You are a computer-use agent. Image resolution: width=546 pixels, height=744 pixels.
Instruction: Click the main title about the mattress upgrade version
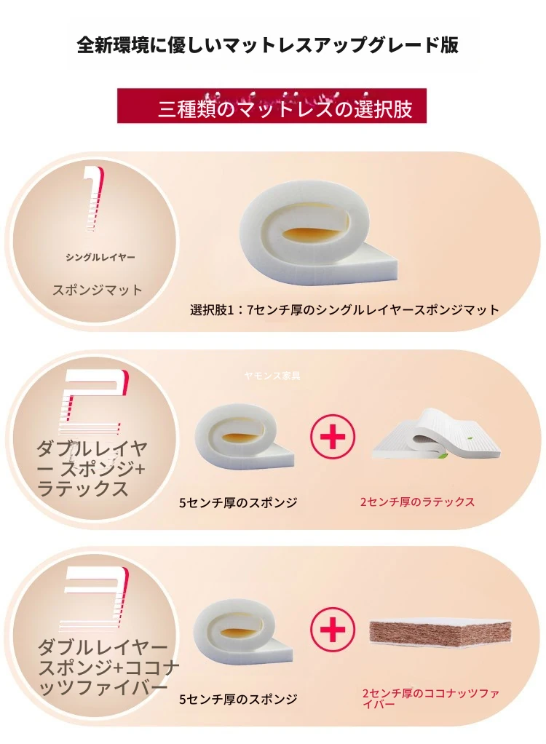tap(268, 46)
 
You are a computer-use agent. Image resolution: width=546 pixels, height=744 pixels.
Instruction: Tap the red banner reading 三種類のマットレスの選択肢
tap(272, 106)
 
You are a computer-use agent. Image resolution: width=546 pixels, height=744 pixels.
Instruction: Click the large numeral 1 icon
tap(94, 199)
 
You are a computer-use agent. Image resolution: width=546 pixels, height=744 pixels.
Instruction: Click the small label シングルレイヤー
tap(100, 258)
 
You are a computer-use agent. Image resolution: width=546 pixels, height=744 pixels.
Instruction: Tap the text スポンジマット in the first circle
tap(98, 290)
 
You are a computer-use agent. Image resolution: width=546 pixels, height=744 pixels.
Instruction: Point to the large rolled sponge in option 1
tap(318, 235)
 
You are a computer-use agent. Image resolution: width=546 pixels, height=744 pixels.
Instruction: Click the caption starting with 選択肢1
tap(344, 310)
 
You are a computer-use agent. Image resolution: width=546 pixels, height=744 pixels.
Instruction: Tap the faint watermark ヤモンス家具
tap(272, 376)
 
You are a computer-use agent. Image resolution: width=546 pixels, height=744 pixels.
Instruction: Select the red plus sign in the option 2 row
tap(333, 436)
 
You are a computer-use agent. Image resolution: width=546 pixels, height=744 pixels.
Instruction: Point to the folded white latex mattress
tap(436, 433)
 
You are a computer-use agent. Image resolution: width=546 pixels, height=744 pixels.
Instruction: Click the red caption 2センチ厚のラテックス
tap(417, 502)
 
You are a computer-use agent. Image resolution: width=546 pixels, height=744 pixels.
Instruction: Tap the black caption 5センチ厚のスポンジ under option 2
tap(238, 502)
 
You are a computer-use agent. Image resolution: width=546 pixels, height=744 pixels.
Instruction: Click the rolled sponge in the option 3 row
tap(243, 633)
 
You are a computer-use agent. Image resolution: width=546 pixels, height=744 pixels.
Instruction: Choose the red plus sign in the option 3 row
tap(333, 629)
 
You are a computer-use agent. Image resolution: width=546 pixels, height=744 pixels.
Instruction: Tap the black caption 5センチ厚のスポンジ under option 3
tap(238, 699)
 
